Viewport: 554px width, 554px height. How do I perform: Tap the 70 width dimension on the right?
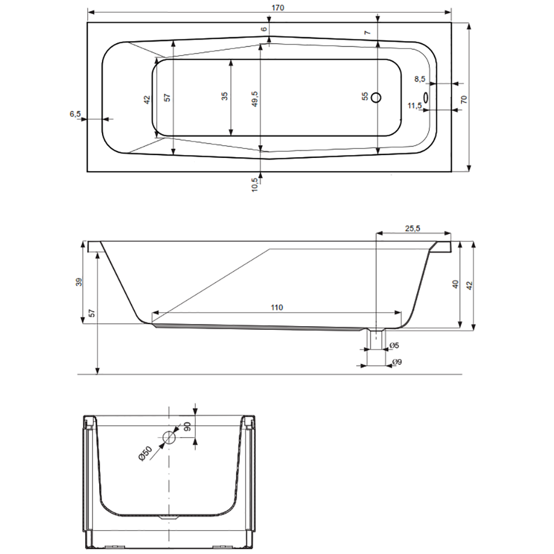click(x=464, y=99)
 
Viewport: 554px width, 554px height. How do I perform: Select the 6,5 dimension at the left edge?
click(x=75, y=114)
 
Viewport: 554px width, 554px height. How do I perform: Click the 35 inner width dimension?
click(x=224, y=96)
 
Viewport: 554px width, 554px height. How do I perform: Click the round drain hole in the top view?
click(x=376, y=98)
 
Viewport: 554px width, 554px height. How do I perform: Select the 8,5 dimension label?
click(x=420, y=79)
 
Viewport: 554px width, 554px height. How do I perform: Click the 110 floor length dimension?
click(x=277, y=307)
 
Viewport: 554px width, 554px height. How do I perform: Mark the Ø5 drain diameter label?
click(x=394, y=346)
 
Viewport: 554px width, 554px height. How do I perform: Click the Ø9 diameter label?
click(x=396, y=362)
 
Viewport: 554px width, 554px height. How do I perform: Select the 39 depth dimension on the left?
click(x=79, y=282)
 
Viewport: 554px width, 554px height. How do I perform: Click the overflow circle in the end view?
click(x=169, y=438)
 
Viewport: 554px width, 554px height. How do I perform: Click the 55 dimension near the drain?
click(x=365, y=96)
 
